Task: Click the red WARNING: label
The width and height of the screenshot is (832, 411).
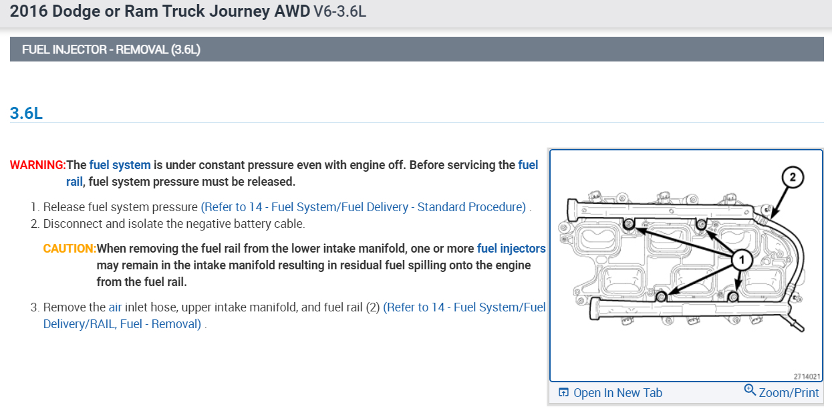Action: point(38,165)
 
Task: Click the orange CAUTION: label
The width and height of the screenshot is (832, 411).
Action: point(70,249)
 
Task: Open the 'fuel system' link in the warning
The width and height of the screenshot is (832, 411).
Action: point(120,165)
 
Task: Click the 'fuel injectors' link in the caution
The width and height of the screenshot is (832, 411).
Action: point(511,249)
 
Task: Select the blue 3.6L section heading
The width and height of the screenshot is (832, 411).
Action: point(26,113)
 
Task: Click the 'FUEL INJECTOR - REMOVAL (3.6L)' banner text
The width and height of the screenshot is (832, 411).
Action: point(111,49)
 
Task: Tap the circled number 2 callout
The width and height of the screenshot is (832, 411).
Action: point(793,177)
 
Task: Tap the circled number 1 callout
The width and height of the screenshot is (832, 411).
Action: point(742,259)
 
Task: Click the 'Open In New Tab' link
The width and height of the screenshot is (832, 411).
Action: point(617,393)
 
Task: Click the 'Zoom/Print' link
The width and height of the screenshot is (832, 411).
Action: point(789,392)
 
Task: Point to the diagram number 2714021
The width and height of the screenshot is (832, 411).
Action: point(807,376)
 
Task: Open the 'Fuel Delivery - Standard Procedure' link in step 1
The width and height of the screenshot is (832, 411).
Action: point(364,207)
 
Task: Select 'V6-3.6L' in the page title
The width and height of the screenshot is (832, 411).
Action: point(339,11)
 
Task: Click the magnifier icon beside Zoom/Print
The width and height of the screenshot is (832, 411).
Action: point(750,390)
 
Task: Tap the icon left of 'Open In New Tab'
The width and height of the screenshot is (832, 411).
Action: point(563,393)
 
